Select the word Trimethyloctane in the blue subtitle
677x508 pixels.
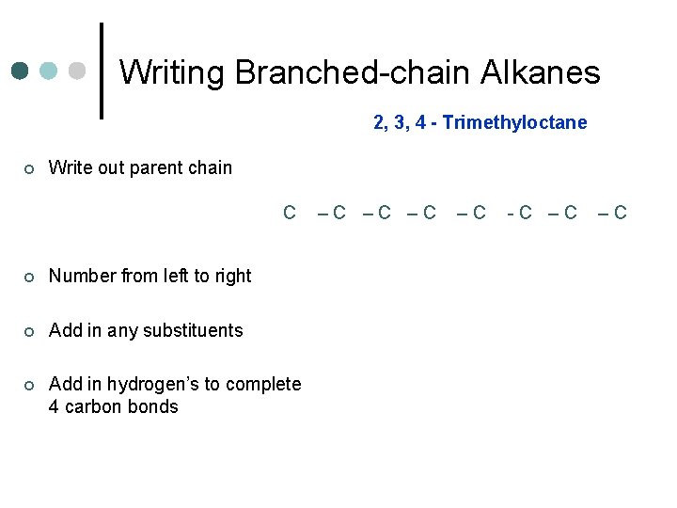[514, 122]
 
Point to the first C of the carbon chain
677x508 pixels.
[290, 213]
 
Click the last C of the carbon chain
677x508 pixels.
[619, 213]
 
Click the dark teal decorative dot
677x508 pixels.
[20, 71]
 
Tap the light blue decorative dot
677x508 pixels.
[48, 71]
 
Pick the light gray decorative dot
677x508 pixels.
[77, 71]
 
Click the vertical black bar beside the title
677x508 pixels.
[102, 71]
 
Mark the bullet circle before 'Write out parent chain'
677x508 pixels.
[29, 169]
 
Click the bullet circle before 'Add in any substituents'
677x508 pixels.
[29, 331]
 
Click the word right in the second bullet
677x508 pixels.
[232, 276]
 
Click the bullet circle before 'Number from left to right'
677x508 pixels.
[29, 277]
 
